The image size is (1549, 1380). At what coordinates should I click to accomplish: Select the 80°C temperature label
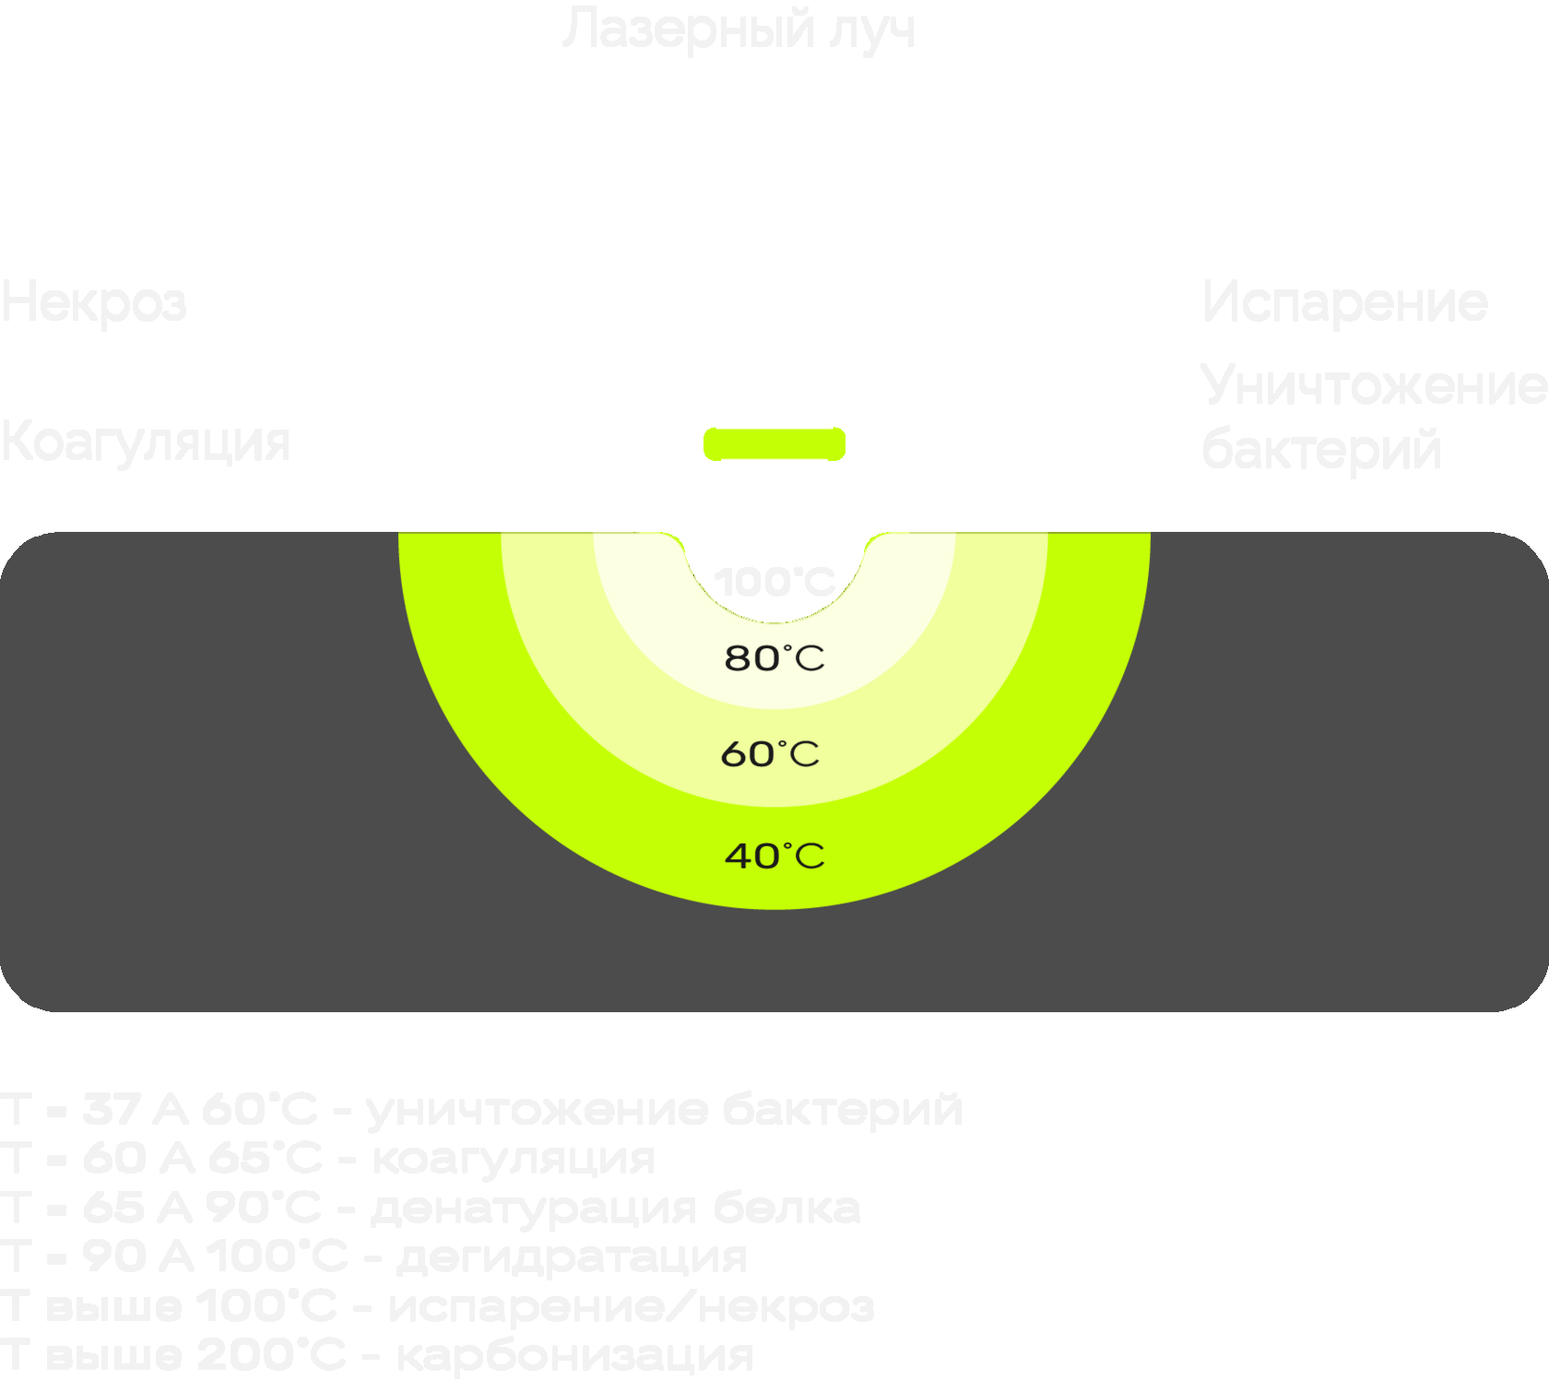[774, 658]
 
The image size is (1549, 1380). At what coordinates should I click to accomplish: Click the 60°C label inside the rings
[770, 754]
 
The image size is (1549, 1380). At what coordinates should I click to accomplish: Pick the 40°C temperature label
[774, 855]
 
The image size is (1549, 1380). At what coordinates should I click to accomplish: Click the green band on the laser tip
[774, 443]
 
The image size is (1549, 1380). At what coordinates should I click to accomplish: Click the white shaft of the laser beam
[774, 286]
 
